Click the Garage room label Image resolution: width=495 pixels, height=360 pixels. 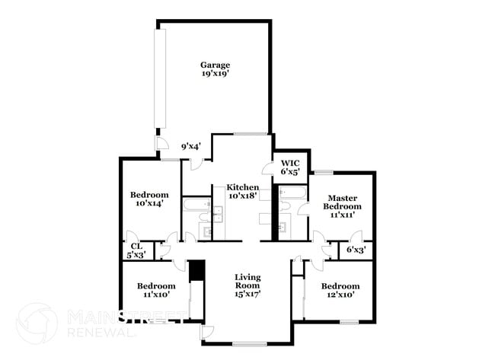(x=215, y=65)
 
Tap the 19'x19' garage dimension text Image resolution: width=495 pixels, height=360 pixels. (x=215, y=75)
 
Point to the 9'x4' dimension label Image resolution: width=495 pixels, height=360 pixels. (x=190, y=146)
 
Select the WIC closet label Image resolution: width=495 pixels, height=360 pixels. (x=290, y=163)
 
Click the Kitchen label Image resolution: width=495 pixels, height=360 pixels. (x=243, y=187)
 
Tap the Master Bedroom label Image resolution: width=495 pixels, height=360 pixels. (x=342, y=202)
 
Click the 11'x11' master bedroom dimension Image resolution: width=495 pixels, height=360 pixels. (x=342, y=215)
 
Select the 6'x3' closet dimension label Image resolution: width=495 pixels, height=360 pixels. (x=356, y=249)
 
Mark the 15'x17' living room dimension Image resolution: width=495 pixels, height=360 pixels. (x=248, y=294)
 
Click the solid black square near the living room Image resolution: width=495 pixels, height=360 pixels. (x=196, y=270)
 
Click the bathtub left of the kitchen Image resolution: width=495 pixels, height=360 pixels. (x=203, y=204)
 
